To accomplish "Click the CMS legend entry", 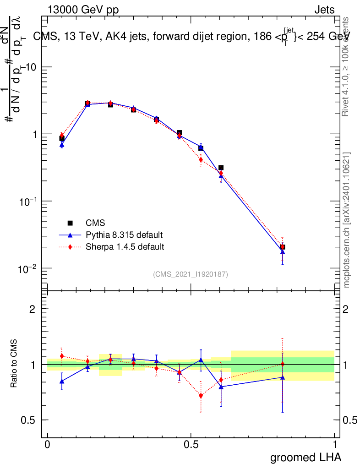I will (95, 223).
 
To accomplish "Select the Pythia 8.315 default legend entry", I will (124, 235).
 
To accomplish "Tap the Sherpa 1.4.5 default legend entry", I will (125, 247).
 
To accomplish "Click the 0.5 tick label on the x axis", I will (191, 445).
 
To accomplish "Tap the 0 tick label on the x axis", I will (48, 445).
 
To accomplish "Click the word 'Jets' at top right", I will (324, 10).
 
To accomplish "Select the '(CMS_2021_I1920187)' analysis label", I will (191, 274).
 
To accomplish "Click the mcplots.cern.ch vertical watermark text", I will (347, 220).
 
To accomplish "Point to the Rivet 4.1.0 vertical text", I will (347, 66).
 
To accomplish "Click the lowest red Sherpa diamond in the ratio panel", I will (201, 396).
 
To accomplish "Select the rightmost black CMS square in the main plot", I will (283, 247).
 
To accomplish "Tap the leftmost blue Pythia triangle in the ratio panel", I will (62, 381).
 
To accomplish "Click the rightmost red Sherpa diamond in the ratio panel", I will (283, 364).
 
